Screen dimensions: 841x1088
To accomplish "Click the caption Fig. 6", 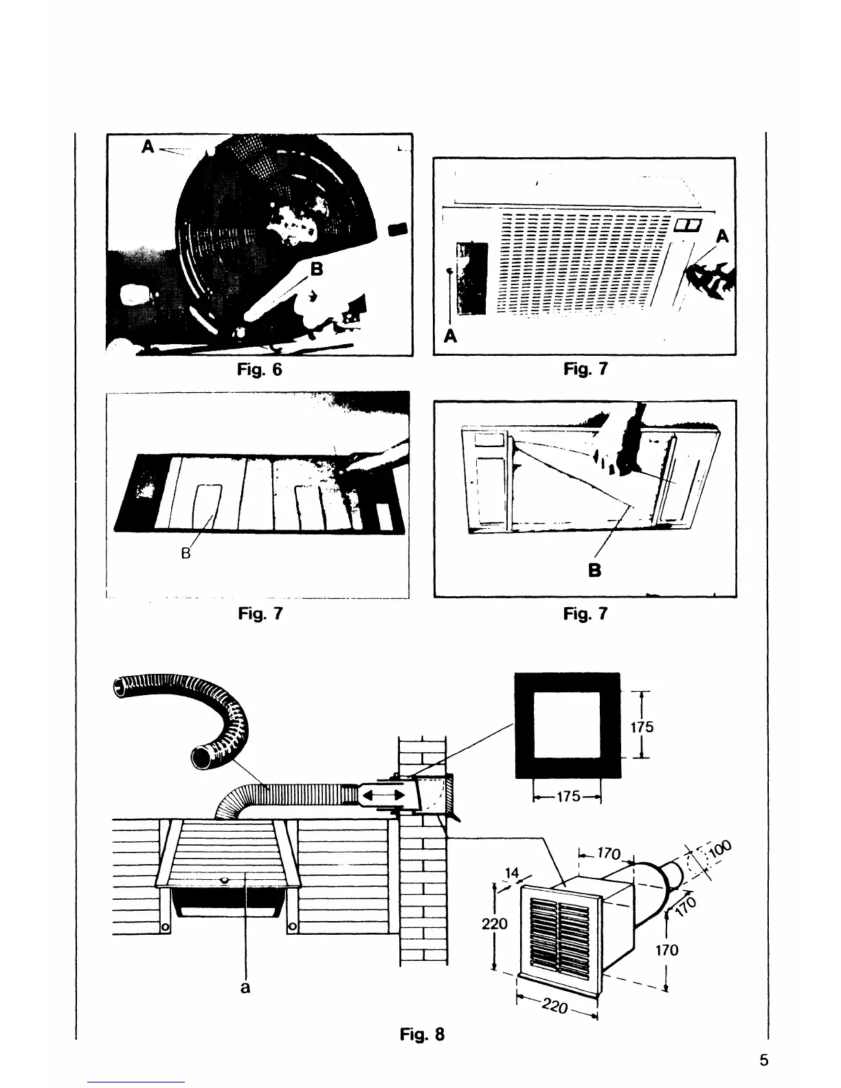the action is point(259,370).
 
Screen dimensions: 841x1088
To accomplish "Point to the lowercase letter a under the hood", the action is point(245,988).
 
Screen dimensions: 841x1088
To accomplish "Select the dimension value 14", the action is point(511,873).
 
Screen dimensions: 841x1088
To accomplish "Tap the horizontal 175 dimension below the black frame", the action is point(568,797).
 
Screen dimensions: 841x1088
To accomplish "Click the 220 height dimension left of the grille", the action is point(495,924).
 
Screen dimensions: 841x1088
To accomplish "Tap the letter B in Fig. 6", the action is point(316,269).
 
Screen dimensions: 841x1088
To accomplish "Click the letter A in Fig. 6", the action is point(147,146).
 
